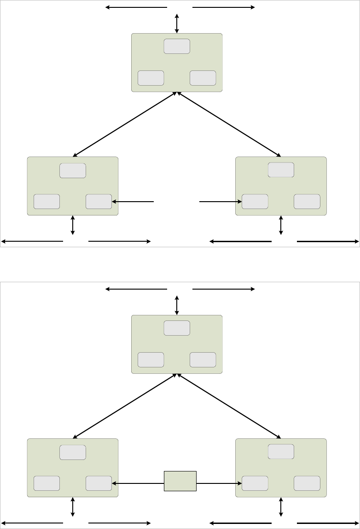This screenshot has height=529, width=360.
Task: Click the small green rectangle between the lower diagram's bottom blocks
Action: tap(180, 481)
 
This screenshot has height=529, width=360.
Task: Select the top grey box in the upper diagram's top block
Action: tap(177, 47)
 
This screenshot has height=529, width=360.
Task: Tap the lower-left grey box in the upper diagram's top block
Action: tap(151, 78)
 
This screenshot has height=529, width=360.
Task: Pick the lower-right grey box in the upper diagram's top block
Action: tap(203, 78)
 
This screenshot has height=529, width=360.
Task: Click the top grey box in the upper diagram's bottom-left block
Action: tap(73, 170)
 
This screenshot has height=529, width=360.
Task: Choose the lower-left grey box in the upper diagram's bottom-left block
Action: tap(46, 202)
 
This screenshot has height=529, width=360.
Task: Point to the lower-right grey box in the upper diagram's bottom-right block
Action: tap(307, 202)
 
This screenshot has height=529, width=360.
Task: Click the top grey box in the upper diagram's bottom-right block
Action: tap(281, 170)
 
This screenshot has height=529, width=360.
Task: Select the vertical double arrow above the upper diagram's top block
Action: tap(177, 23)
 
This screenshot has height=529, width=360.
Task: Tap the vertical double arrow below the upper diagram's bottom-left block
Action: tap(73, 225)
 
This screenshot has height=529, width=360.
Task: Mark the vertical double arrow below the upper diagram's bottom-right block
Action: tap(281, 225)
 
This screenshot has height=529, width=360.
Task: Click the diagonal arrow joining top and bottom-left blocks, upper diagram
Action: tap(125, 124)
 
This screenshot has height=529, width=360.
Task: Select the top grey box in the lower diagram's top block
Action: tap(177, 328)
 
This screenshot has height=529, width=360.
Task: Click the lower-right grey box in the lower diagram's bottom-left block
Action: tap(99, 483)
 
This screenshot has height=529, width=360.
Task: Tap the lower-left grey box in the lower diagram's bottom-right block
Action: tap(255, 483)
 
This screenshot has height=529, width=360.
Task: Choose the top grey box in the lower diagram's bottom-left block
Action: tap(73, 452)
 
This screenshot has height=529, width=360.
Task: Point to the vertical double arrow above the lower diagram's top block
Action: tap(177, 305)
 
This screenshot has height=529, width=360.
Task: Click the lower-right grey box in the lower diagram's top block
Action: tap(203, 360)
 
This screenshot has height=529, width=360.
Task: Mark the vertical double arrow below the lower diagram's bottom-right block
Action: tap(281, 506)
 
